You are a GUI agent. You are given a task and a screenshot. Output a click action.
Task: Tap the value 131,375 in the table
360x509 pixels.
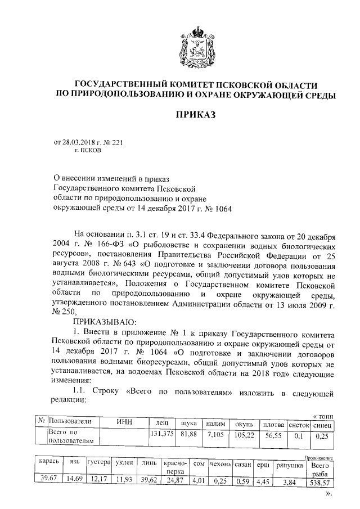(x=161, y=433)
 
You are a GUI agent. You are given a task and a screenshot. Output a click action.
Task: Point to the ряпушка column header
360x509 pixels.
(x=290, y=466)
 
